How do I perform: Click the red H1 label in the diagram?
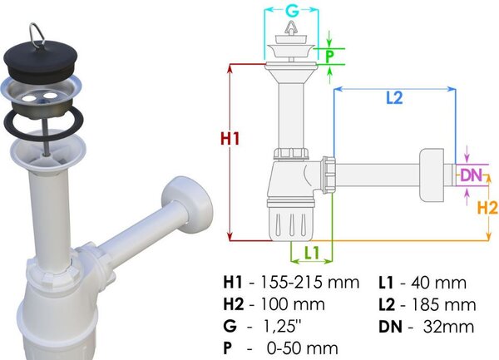pos(230,138)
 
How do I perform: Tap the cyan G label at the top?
pos(292,11)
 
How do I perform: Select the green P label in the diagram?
pos(330,57)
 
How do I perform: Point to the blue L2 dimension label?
pos(394,97)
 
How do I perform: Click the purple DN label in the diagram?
pos(472,175)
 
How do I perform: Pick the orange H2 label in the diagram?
pos(488,208)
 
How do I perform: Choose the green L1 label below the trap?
pos(312,253)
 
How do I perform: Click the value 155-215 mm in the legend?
pos(310,283)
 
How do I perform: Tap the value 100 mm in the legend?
pos(293,304)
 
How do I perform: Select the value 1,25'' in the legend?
pos(282,326)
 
